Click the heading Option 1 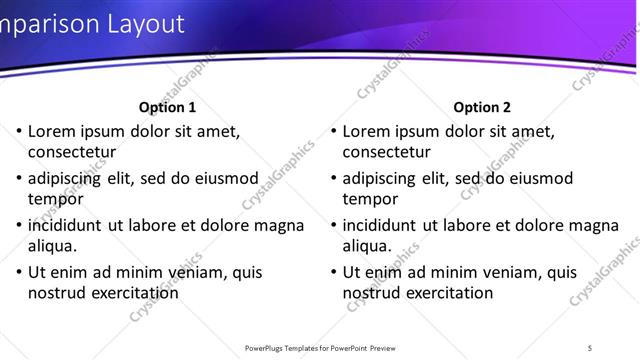tap(167, 107)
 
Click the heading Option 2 tap(482, 107)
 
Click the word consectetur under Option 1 tap(72, 153)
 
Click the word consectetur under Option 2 tap(387, 153)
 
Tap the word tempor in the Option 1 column tap(56, 199)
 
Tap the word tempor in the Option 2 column tap(371, 199)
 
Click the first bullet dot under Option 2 tap(333, 131)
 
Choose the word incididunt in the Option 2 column tap(385, 224)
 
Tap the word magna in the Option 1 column tap(280, 224)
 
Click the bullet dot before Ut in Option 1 tap(18, 272)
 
